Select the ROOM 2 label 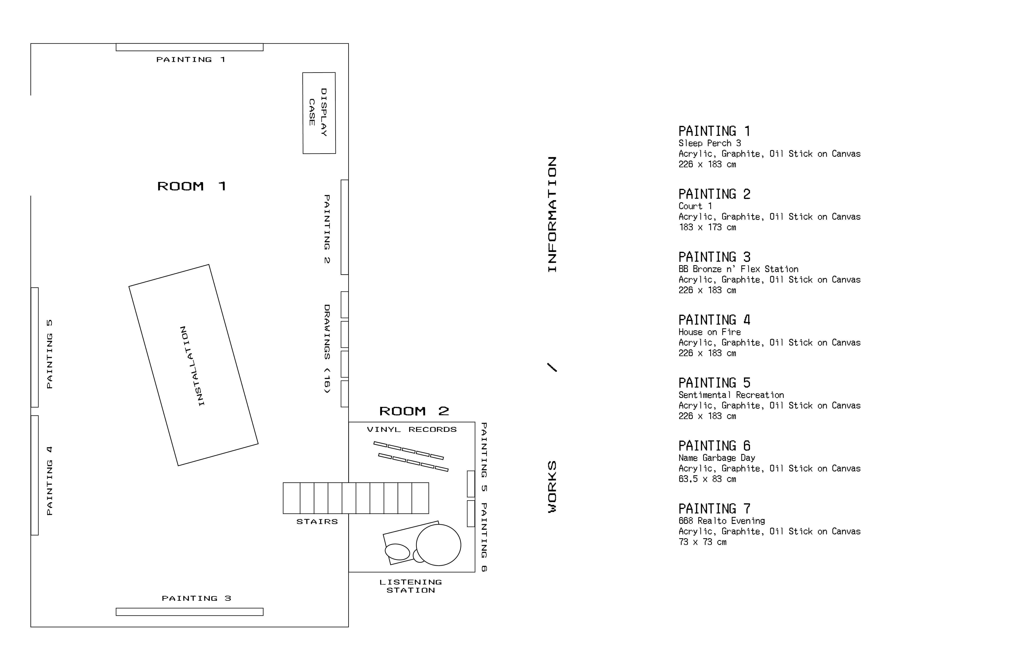[414, 411]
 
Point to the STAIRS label [317, 522]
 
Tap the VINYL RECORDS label [412, 429]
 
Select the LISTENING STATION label [411, 586]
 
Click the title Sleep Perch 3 [710, 143]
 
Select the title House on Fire [710, 332]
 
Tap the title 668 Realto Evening [722, 521]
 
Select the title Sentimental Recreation [731, 395]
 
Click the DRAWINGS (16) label [327, 349]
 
